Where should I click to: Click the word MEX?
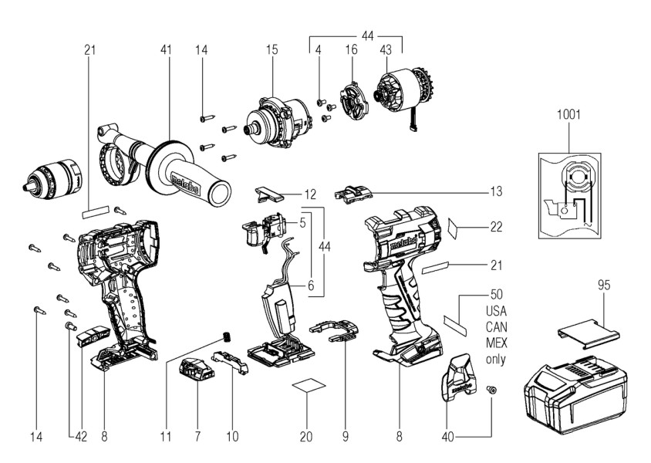coord(497,343)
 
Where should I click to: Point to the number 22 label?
coord(496,227)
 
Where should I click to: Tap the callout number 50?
coord(497,295)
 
